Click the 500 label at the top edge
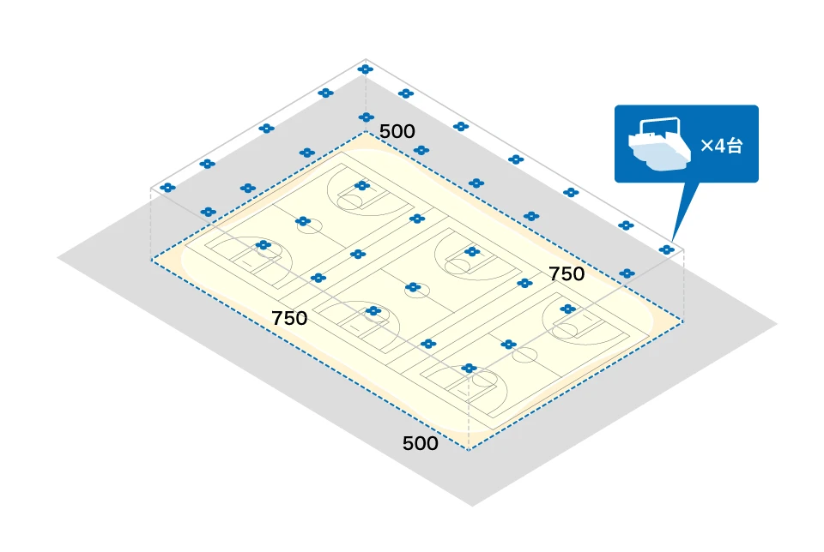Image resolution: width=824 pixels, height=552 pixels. (x=397, y=132)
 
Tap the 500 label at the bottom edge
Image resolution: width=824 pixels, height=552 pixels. (x=421, y=444)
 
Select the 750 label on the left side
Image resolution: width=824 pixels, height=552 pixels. (x=289, y=318)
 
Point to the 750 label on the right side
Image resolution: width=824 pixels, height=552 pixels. (x=566, y=274)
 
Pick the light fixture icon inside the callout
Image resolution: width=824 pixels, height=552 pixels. (x=659, y=144)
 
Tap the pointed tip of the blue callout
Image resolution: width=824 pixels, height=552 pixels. (x=673, y=240)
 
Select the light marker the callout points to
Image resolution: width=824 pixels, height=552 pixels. (x=666, y=249)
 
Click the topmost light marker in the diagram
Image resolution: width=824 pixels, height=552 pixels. (x=366, y=69)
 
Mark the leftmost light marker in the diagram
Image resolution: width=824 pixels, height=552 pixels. (x=167, y=187)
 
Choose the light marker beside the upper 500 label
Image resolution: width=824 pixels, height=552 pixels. (x=367, y=117)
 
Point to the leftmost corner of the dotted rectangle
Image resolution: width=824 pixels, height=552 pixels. (x=151, y=259)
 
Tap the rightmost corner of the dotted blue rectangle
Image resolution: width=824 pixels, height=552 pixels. (x=684, y=321)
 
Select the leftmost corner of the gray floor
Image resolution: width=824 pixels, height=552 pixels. (x=58, y=255)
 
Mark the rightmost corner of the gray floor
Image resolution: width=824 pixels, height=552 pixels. (x=778, y=324)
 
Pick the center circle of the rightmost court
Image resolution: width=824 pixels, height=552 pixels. (x=525, y=353)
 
